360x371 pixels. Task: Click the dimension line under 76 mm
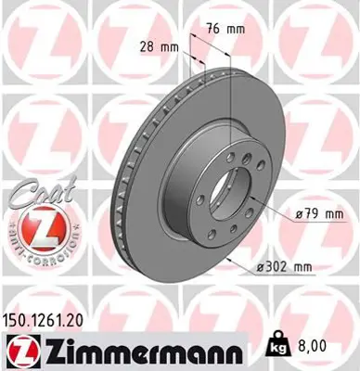[225, 41]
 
